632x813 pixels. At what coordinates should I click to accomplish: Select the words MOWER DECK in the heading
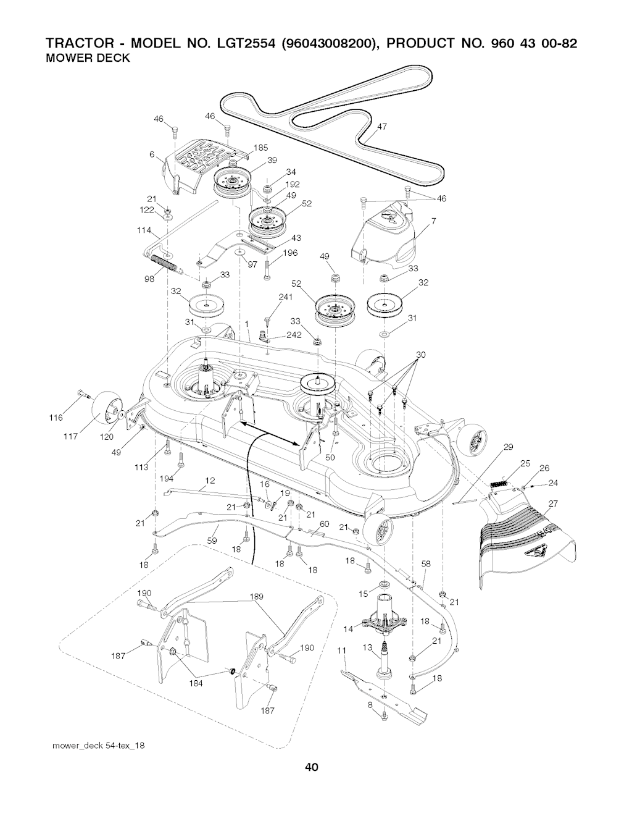(88, 59)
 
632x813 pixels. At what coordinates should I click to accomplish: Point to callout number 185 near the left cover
(260, 148)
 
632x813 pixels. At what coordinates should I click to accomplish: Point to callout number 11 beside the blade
(343, 649)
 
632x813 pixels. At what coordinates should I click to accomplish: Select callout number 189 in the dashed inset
(257, 596)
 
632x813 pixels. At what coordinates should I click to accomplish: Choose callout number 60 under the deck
(323, 524)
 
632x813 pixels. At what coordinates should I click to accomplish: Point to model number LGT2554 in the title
(243, 45)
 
